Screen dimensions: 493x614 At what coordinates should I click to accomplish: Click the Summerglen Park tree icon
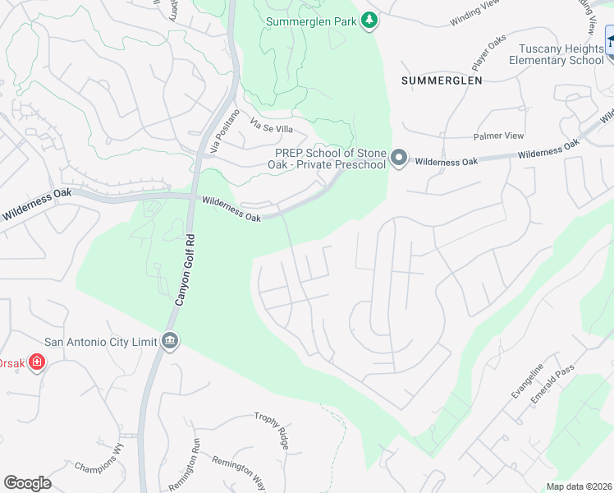369,21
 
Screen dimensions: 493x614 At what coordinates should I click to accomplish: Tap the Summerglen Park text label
311,21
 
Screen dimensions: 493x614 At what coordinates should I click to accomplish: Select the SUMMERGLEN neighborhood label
442,80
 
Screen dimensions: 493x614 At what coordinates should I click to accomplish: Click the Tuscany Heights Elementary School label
556,54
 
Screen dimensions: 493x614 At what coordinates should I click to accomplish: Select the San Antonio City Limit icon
170,341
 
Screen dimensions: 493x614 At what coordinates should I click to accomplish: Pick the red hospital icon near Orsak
36,362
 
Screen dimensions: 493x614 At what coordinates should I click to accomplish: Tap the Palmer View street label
497,136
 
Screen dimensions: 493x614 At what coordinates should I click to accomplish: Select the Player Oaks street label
488,53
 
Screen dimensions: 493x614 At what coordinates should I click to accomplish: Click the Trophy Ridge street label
272,430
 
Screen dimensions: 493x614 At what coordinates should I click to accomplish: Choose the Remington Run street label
195,447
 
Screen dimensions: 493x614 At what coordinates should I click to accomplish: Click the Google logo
27,483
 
